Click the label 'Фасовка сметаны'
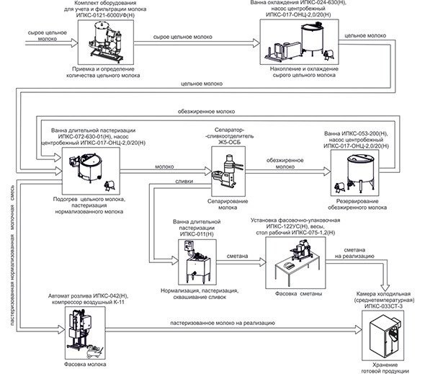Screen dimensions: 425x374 (298, 294)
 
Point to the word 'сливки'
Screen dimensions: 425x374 (184, 181)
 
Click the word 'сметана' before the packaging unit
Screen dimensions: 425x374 (237, 256)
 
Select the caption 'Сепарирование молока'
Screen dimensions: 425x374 (228, 205)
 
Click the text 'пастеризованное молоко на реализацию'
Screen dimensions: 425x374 (223, 323)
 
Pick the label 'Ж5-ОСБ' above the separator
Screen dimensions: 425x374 (229, 143)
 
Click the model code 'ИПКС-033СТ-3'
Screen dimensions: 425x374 (383, 306)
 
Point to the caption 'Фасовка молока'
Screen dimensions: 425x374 (85, 364)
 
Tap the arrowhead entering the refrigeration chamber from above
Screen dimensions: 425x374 (385, 288)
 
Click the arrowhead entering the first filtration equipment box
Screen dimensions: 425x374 (74, 43)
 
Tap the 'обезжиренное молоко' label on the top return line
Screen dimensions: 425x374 (206, 112)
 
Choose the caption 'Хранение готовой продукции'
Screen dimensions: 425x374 (385, 368)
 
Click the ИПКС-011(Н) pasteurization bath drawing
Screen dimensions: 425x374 (197, 262)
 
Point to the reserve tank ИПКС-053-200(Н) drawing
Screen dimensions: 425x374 (355, 173)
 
